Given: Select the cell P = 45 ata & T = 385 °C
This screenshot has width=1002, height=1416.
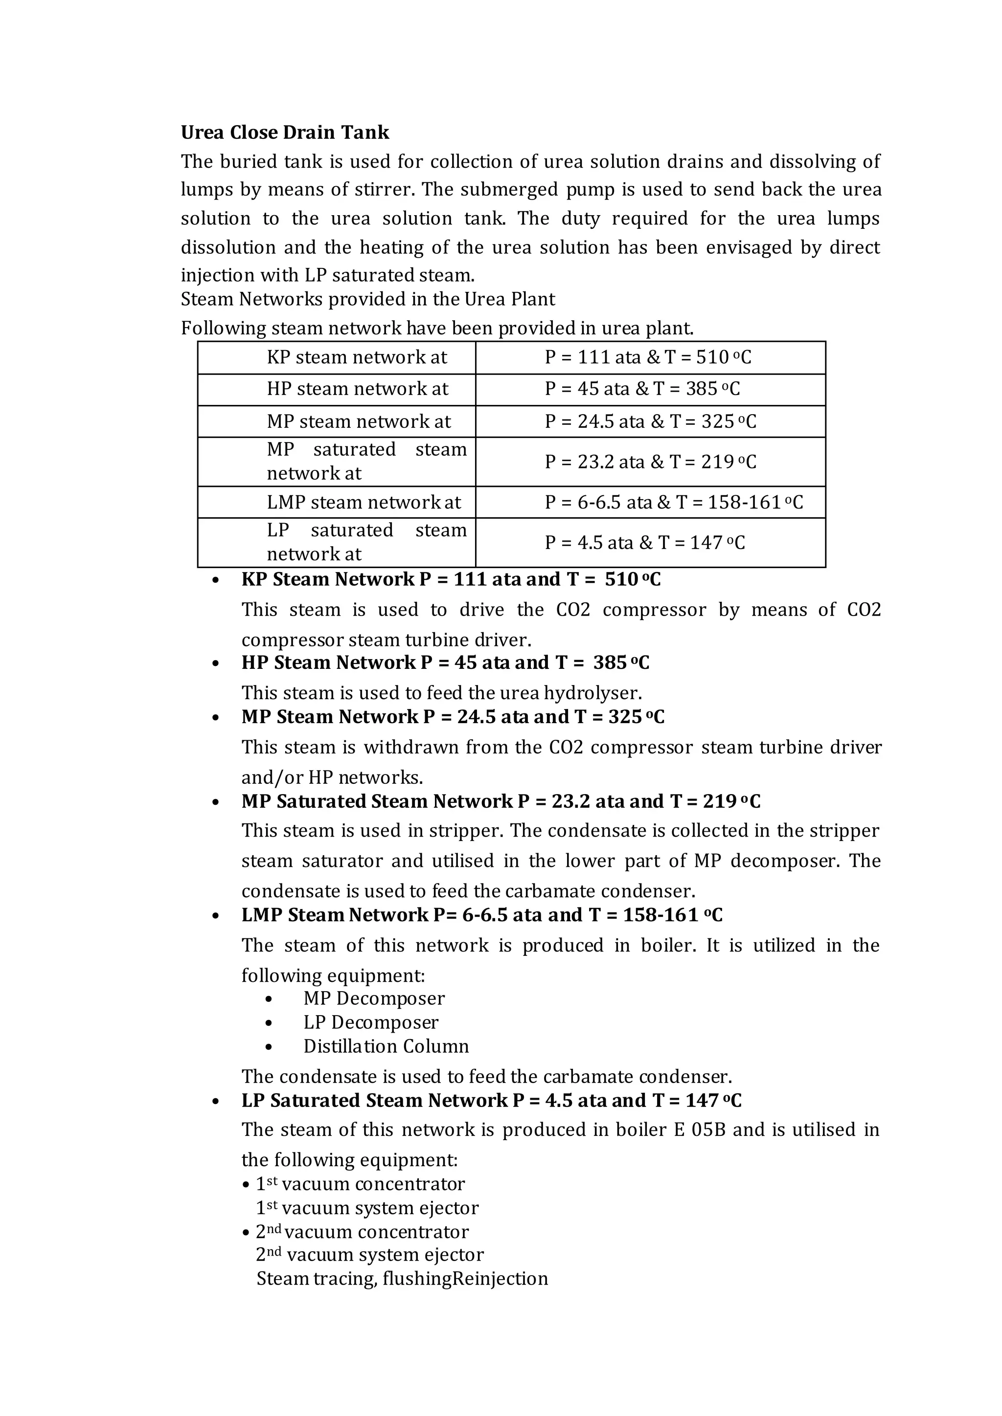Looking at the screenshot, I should pyautogui.click(x=642, y=389).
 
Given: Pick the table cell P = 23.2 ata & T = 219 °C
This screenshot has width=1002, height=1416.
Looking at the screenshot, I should pyautogui.click(x=650, y=462).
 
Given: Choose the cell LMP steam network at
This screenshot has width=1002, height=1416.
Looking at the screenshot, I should pyautogui.click(x=364, y=502).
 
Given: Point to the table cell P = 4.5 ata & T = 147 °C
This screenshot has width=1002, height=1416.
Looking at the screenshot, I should pyautogui.click(x=644, y=543).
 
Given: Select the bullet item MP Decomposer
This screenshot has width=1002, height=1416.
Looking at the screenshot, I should pyautogui.click(x=373, y=998).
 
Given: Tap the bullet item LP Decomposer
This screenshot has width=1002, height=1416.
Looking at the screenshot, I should pyautogui.click(x=370, y=1022).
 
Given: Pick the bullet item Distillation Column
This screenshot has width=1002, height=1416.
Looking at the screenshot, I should pyautogui.click(x=386, y=1046).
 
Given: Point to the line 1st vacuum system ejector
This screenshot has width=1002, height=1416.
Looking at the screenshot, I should pyautogui.click(x=367, y=1208).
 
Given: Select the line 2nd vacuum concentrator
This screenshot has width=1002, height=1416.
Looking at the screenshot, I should pyautogui.click(x=362, y=1232).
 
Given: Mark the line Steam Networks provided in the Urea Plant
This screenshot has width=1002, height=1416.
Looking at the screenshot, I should pyautogui.click(x=368, y=299).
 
